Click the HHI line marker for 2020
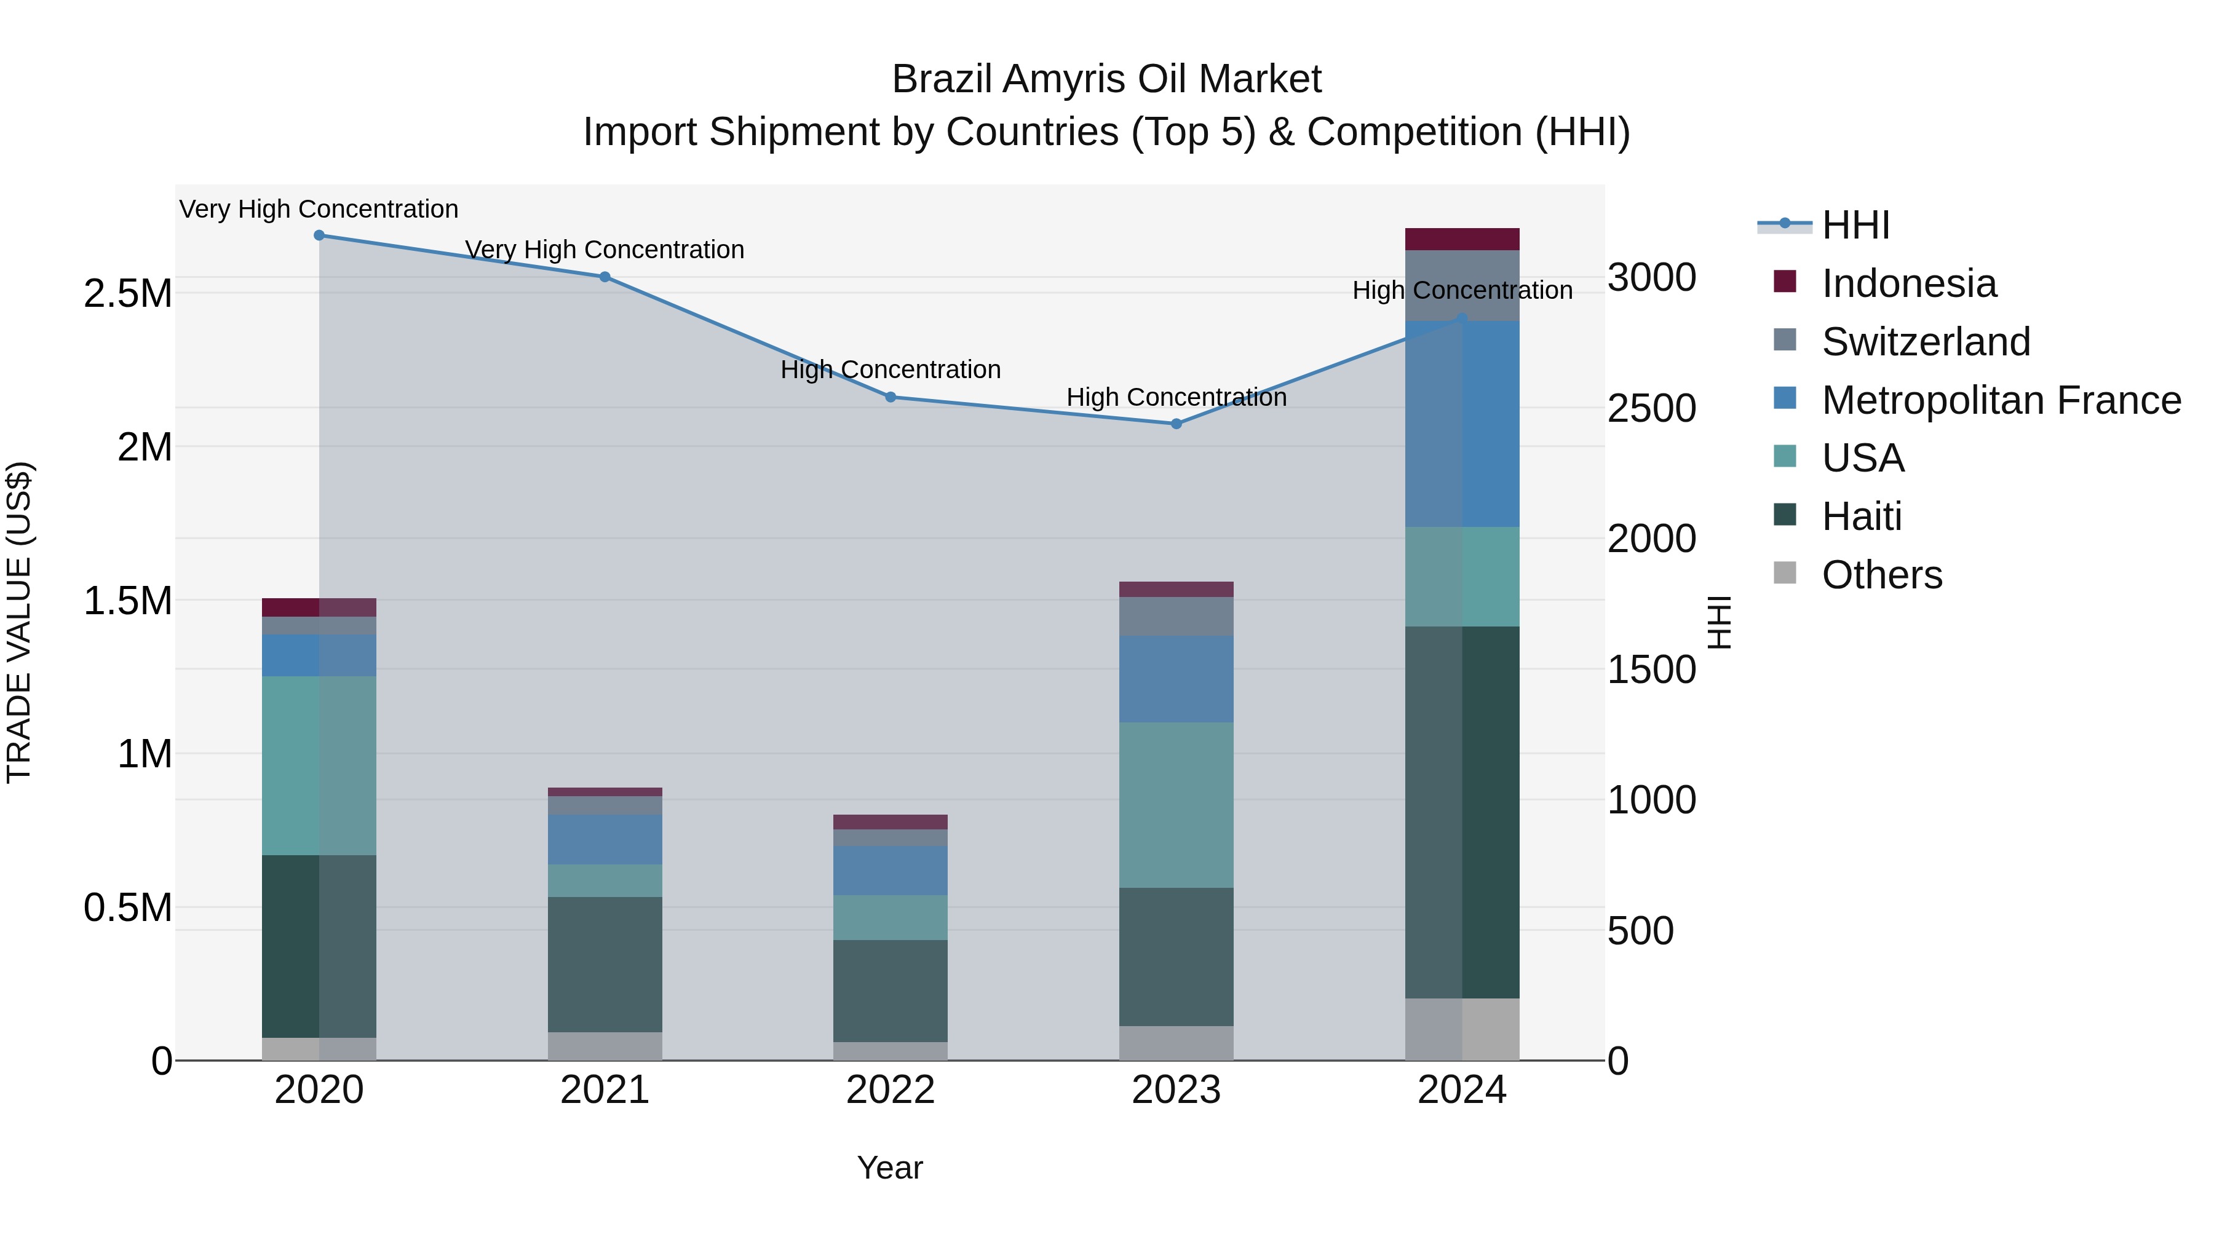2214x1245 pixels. (x=319, y=235)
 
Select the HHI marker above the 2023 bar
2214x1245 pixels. (x=1176, y=424)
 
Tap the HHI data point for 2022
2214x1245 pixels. (x=891, y=397)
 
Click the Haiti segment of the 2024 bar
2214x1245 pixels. (x=1462, y=812)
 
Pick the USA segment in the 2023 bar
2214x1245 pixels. (x=1176, y=804)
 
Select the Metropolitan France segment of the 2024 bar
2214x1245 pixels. (x=1462, y=424)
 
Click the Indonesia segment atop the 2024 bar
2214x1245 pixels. (x=1462, y=239)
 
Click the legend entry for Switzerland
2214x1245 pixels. (x=1925, y=342)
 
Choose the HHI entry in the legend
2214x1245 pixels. (x=1855, y=225)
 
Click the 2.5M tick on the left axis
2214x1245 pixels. (x=127, y=294)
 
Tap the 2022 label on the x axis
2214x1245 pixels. (x=891, y=1090)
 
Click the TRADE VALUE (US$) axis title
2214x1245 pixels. (x=19, y=622)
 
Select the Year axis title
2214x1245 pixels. (x=889, y=1168)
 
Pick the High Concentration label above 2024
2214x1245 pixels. (x=1462, y=290)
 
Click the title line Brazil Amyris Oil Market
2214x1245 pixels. (x=1106, y=79)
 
